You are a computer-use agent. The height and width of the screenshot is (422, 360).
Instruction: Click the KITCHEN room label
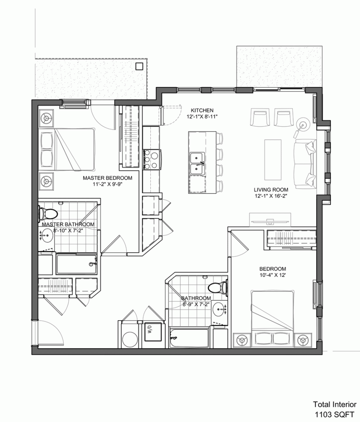coord(202,110)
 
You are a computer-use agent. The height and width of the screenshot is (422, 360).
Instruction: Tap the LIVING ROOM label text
coord(270,190)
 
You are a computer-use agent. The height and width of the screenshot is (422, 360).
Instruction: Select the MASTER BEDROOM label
coord(107,178)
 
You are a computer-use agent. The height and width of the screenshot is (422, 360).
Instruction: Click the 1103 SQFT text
coord(334,413)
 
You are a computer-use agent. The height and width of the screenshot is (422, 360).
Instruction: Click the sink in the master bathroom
coord(47,238)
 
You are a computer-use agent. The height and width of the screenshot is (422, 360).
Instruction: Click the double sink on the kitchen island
coord(197,163)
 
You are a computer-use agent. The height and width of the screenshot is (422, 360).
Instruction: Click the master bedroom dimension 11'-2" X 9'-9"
coord(107,185)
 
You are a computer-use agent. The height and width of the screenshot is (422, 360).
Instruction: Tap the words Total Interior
coord(334,405)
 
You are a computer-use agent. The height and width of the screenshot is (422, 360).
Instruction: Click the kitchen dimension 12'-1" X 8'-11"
coord(202,116)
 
